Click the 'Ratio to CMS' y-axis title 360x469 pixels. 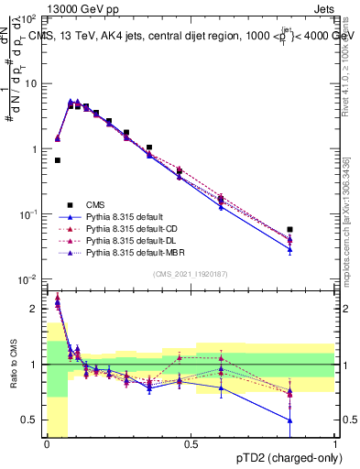click(12, 365)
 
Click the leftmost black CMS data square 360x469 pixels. click(57, 160)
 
